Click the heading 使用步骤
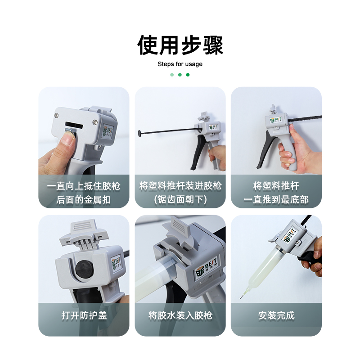[x=180, y=45]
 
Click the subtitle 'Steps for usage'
[x=180, y=64]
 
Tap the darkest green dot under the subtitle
[x=188, y=75]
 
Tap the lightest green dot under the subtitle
[x=172, y=75]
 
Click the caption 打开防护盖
[x=84, y=315]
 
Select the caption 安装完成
[x=276, y=315]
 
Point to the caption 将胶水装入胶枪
[x=180, y=315]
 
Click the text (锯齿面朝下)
[x=180, y=199]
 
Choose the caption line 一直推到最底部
[x=276, y=199]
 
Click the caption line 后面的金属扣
[x=84, y=200]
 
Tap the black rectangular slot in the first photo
[x=74, y=125]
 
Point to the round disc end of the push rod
[x=139, y=133]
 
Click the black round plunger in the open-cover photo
[x=85, y=268]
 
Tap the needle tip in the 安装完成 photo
[x=240, y=298]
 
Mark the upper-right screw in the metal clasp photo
[x=95, y=122]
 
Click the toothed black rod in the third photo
[x=305, y=119]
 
